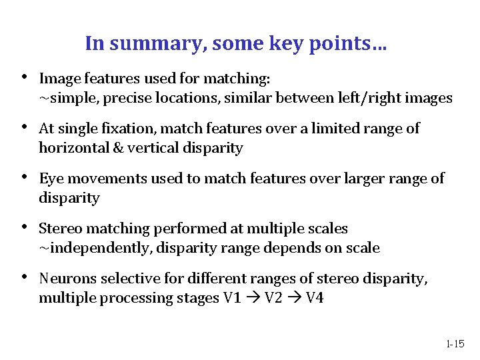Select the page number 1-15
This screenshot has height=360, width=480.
point(455,344)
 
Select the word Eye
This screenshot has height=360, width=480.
point(50,178)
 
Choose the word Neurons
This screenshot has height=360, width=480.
point(66,278)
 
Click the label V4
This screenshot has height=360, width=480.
point(314,298)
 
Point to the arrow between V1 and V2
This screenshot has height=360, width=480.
point(253,298)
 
